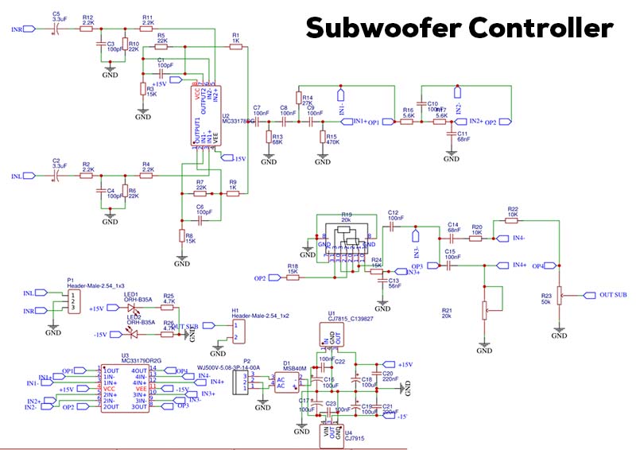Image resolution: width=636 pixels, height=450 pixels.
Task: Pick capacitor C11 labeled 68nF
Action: point(452,138)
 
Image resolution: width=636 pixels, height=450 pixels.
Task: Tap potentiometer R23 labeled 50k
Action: point(559,295)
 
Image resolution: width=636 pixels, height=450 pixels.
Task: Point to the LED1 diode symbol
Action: point(134,308)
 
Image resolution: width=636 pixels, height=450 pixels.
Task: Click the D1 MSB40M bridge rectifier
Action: point(288,384)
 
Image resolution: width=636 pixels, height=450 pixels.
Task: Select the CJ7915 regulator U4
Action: point(330,435)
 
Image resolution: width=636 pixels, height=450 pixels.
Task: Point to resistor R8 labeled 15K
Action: point(181,237)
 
